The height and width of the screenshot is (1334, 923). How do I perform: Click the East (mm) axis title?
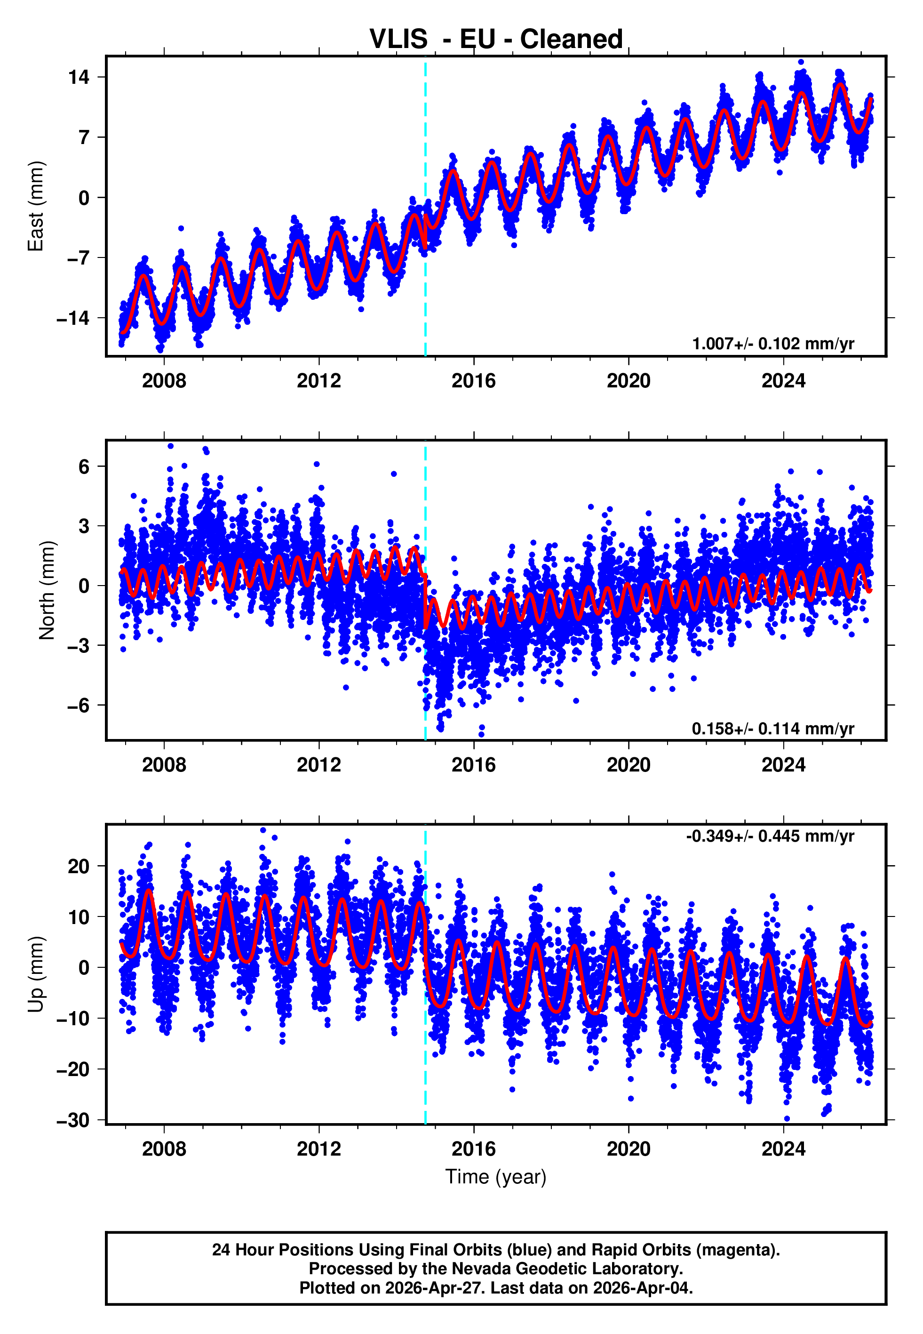click(36, 206)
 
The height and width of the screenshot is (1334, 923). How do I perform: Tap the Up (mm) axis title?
click(36, 975)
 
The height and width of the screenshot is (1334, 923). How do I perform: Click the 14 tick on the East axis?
click(79, 77)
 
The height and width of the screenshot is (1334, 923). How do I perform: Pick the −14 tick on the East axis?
click(73, 318)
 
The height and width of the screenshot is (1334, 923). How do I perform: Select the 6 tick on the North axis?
click(84, 466)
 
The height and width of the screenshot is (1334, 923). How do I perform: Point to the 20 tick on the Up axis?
click(79, 867)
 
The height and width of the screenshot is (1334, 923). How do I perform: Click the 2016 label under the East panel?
click(474, 381)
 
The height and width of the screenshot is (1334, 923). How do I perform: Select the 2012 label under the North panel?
click(318, 765)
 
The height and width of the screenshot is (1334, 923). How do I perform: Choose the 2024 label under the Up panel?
click(783, 1149)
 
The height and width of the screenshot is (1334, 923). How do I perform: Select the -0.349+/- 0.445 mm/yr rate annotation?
click(770, 836)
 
